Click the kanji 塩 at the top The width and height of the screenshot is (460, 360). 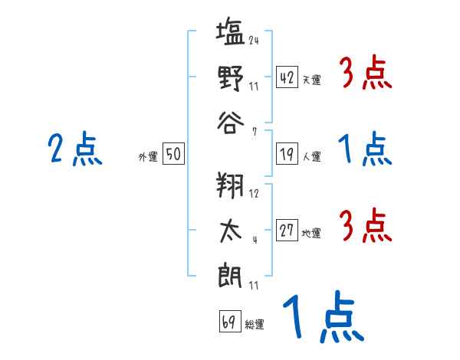[x=230, y=31]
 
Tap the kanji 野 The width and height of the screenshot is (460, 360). [x=231, y=77]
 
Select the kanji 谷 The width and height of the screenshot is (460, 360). [x=231, y=123]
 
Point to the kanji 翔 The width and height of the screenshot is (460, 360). [x=230, y=185]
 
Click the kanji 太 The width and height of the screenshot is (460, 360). [x=231, y=231]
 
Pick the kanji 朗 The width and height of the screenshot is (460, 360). [x=230, y=275]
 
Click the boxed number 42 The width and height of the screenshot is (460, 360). [x=287, y=77]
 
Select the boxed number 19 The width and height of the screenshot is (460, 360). [x=287, y=154]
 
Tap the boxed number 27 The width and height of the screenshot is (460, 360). [x=287, y=230]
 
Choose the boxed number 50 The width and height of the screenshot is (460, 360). [x=173, y=153]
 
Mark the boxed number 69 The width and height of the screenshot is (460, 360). [x=230, y=321]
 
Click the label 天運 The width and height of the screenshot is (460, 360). [x=312, y=80]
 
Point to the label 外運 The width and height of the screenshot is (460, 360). [x=148, y=156]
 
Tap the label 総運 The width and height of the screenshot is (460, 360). [x=255, y=325]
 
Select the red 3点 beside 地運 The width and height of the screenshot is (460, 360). [x=366, y=225]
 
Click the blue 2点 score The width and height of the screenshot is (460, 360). [x=75, y=149]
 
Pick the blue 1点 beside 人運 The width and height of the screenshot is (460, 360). [x=365, y=149]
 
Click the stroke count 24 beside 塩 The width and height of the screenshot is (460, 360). [x=254, y=40]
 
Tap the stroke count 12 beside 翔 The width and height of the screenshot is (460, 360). [x=254, y=193]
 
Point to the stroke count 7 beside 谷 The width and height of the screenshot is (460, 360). [x=255, y=132]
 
